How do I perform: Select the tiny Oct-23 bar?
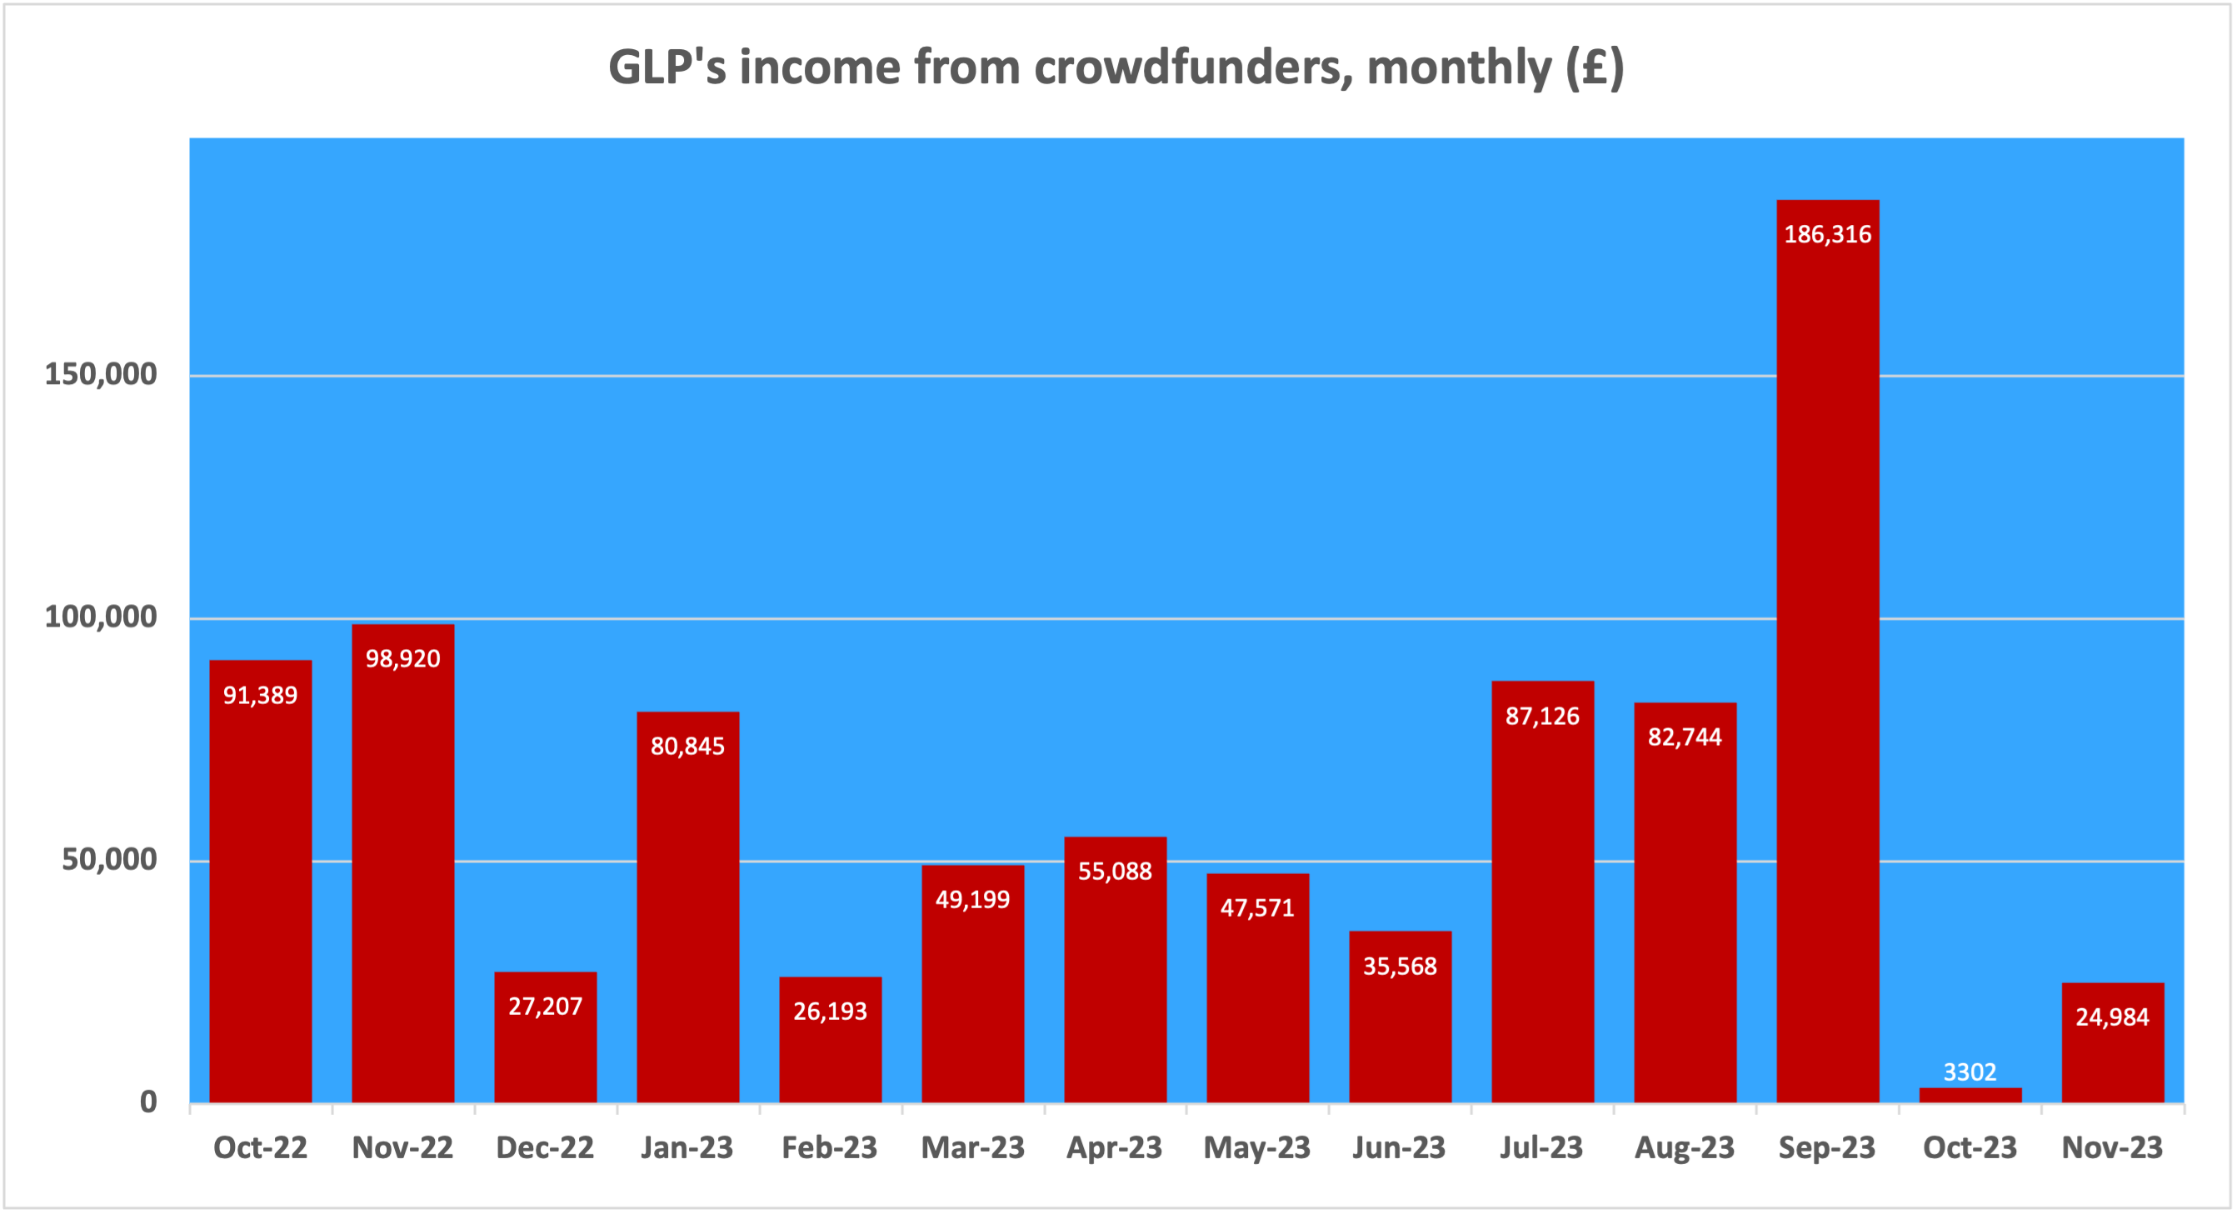[x=1970, y=1095]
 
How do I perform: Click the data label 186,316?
[x=1827, y=234]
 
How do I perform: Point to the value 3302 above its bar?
[x=1970, y=1072]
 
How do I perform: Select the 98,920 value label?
[x=403, y=658]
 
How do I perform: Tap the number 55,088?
[x=1115, y=871]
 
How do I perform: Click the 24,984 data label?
[x=2112, y=1017]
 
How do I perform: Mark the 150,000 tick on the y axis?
[x=101, y=374]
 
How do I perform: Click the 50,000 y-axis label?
[x=109, y=860]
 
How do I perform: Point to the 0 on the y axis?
[x=148, y=1102]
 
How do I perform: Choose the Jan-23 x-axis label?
[x=687, y=1148]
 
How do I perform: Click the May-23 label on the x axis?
[x=1256, y=1148]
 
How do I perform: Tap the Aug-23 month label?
[x=1684, y=1148]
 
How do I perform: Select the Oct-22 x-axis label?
[x=261, y=1148]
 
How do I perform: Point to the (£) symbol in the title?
[x=1595, y=67]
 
